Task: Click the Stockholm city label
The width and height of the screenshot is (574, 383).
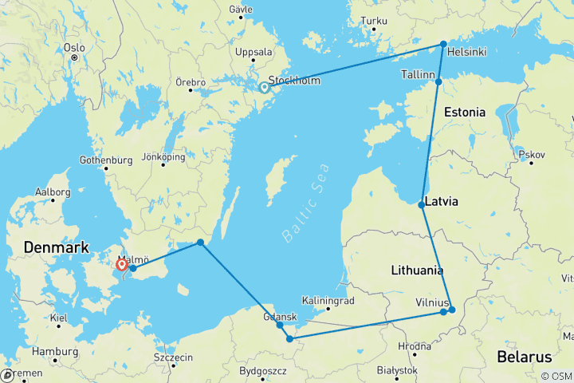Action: [295, 80]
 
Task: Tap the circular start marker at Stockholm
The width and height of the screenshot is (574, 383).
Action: [264, 88]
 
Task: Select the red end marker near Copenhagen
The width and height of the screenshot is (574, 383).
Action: [121, 264]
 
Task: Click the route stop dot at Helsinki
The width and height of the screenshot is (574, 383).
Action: [443, 44]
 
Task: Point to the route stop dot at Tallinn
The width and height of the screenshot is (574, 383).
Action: [438, 81]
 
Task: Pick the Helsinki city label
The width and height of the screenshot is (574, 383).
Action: [468, 52]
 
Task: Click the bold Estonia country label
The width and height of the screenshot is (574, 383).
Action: [464, 112]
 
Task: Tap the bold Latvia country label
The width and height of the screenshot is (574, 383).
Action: [442, 202]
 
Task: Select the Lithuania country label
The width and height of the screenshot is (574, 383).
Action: [417, 270]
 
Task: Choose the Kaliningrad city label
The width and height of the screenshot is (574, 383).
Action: [328, 301]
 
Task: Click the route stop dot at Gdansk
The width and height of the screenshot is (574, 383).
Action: [280, 324]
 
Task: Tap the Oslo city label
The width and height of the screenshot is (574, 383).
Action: [74, 47]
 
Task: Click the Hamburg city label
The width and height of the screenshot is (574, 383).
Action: [55, 351]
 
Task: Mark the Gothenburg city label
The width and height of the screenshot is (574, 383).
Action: [106, 160]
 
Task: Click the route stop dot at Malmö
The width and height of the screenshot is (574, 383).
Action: [133, 268]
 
